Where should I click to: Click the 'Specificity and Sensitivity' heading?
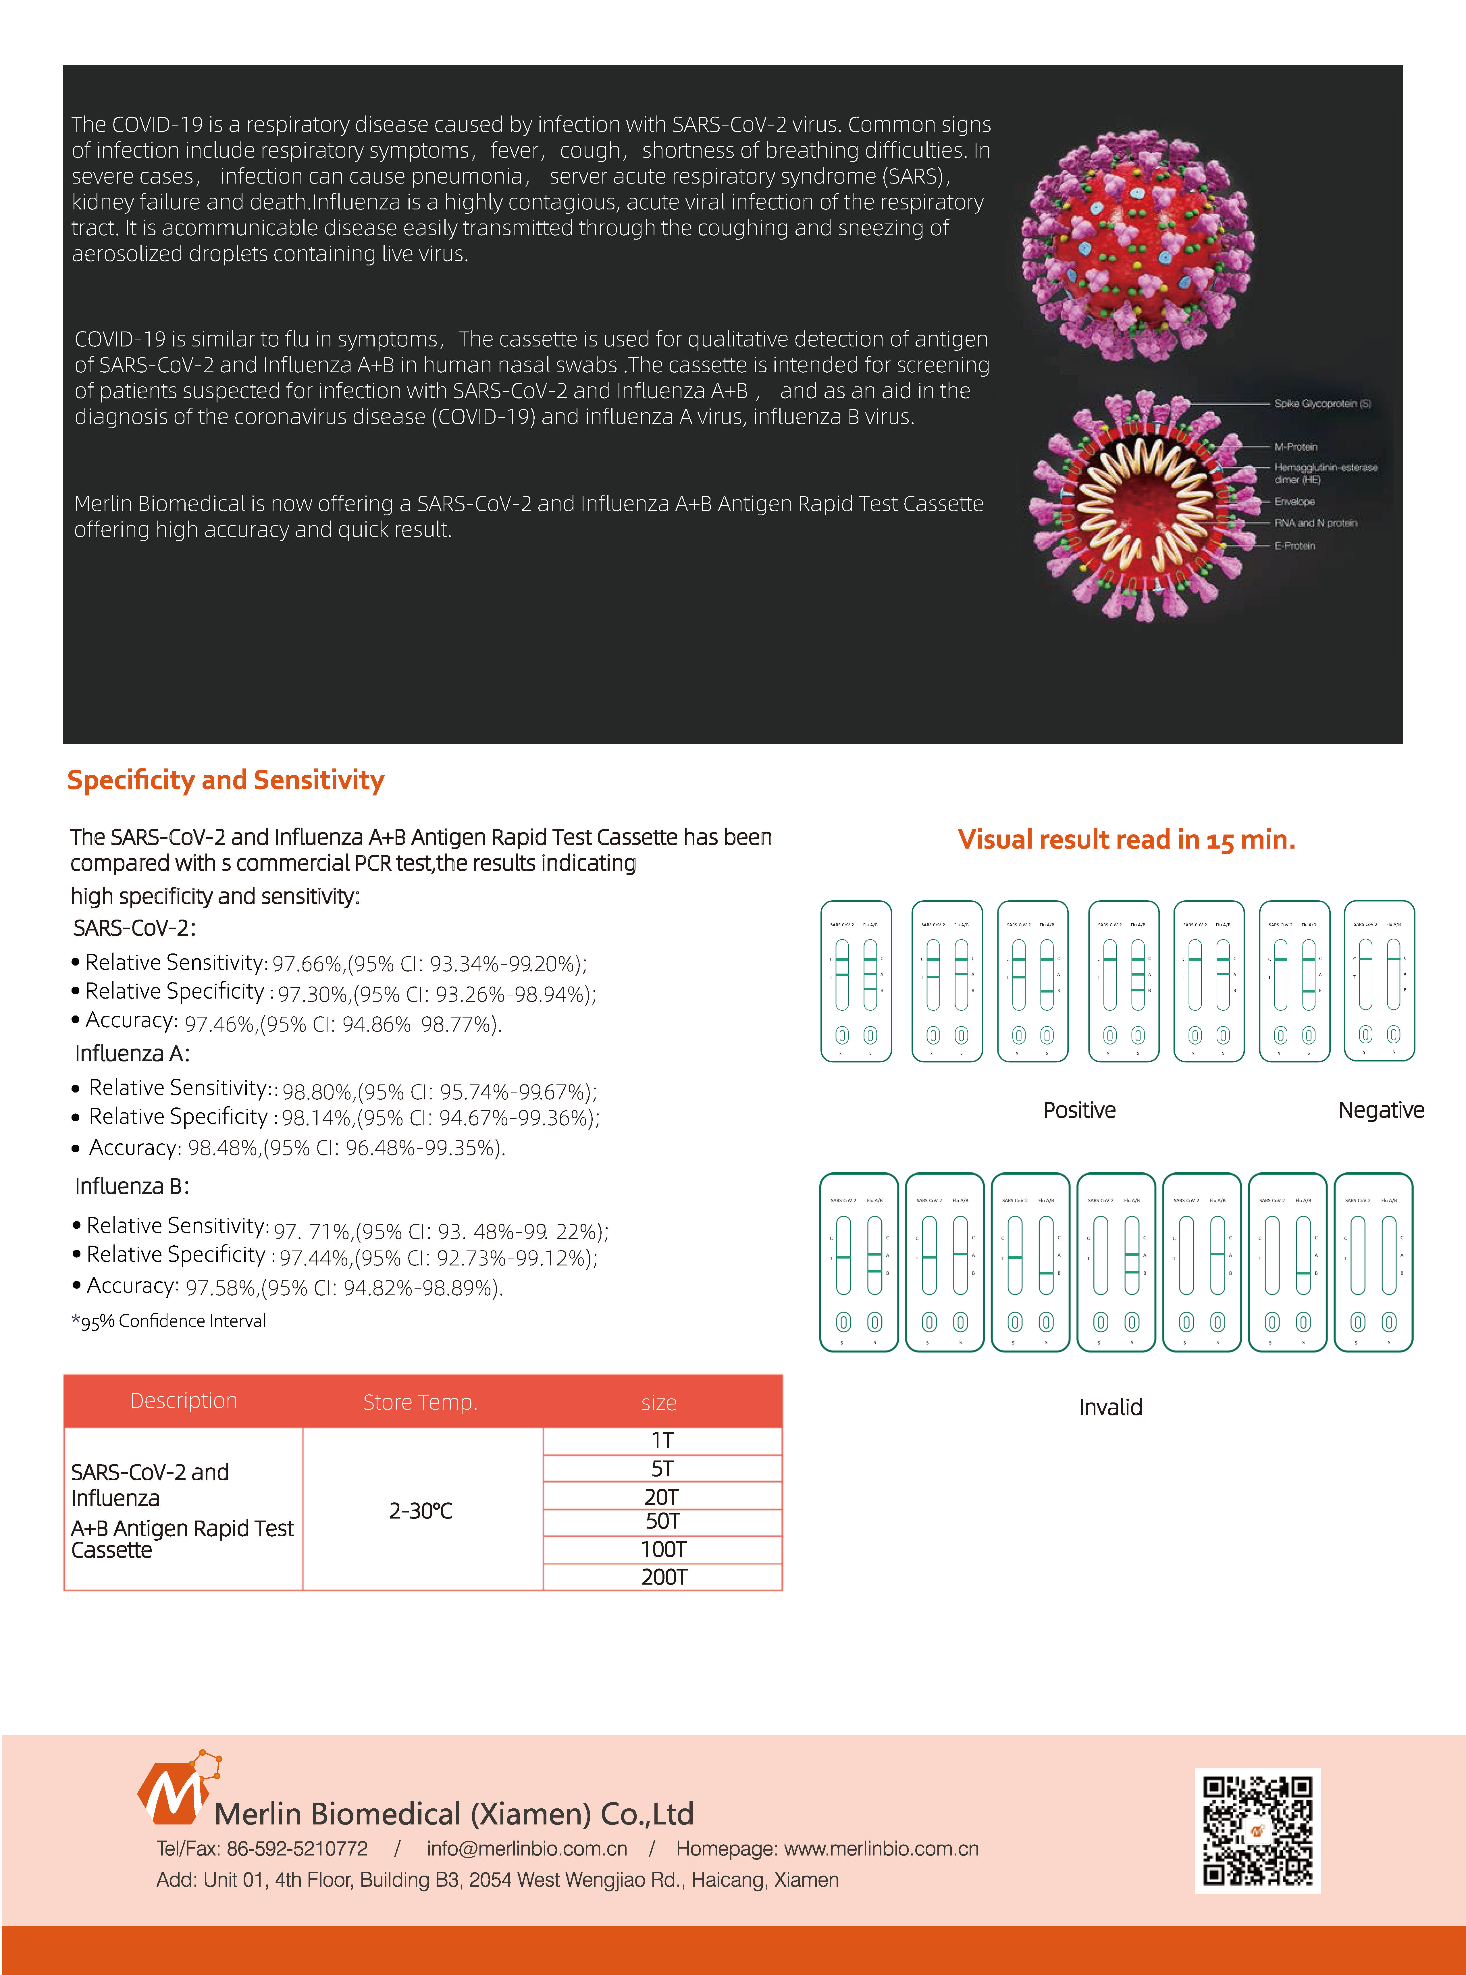click(226, 780)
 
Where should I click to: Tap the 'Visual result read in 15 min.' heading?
click(1126, 839)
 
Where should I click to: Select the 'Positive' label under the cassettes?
click(1079, 1110)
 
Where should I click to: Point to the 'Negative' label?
click(1381, 1110)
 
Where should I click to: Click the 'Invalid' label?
click(1110, 1407)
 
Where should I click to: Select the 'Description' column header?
click(184, 1401)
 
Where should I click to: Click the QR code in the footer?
click(1257, 1831)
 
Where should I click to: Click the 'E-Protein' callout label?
click(1295, 546)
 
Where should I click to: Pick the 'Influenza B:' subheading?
click(131, 1186)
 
